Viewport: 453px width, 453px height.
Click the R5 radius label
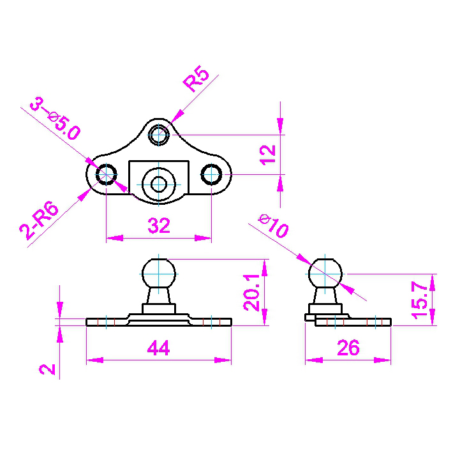(x=196, y=78)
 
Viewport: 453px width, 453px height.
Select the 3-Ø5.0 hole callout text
(x=55, y=119)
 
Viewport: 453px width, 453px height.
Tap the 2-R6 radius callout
(x=40, y=220)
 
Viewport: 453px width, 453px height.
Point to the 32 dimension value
(x=159, y=226)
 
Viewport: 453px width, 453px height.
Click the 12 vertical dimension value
(x=267, y=155)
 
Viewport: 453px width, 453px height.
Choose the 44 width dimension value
(x=158, y=348)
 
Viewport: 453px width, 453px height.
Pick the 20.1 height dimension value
(x=251, y=293)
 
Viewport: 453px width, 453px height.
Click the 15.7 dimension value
(x=419, y=301)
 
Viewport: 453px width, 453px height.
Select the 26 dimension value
(x=348, y=348)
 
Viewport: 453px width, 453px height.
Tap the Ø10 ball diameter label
(x=273, y=226)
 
